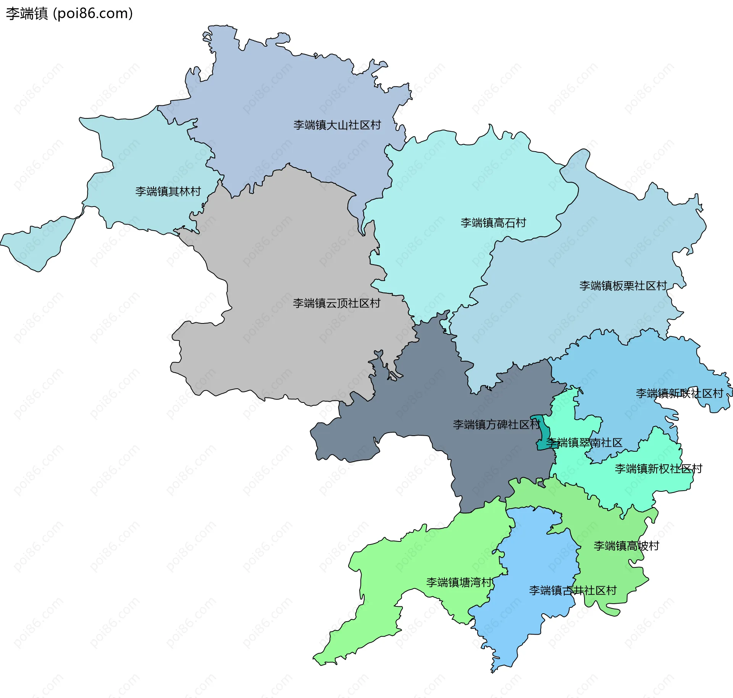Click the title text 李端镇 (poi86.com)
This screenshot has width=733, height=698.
point(69,13)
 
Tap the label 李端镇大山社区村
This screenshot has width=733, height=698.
point(337,125)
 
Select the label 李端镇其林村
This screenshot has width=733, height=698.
point(168,191)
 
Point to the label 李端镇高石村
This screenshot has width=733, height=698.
point(493,223)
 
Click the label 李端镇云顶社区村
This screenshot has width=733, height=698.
point(336,303)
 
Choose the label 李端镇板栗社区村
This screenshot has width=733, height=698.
point(623,286)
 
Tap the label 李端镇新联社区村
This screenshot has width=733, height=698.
point(679,393)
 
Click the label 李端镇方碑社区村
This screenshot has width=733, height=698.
point(496,425)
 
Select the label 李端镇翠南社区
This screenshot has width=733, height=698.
point(584,443)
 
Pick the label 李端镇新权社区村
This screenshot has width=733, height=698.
point(658,469)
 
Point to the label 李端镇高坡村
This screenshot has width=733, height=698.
point(626,546)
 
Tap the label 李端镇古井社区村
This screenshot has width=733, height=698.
point(572,590)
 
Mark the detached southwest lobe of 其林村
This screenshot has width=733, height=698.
point(38,244)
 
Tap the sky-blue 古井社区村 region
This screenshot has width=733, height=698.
point(534,554)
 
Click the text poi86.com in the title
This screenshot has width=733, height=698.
point(93,13)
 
